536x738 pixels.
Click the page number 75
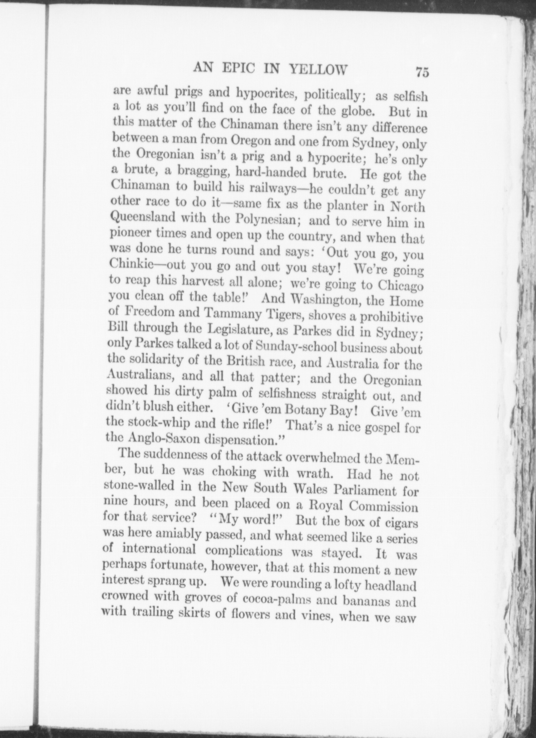tap(423, 72)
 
